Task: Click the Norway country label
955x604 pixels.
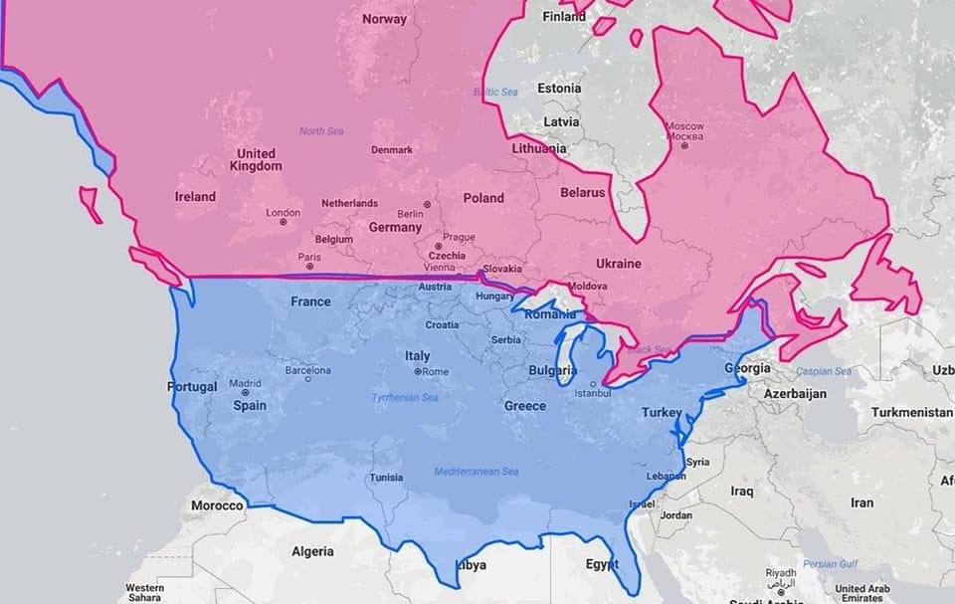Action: [384, 19]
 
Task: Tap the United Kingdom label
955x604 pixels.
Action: [256, 160]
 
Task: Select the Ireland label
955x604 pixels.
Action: [195, 197]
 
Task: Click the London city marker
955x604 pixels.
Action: [283, 221]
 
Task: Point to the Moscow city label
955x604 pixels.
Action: [684, 131]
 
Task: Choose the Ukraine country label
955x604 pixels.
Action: [618, 264]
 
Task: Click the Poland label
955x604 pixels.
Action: [483, 198]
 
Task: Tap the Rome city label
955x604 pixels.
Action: [436, 372]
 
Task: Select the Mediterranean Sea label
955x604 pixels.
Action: [476, 472]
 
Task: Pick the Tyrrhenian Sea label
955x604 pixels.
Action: [405, 398]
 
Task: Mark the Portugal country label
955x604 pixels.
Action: [192, 387]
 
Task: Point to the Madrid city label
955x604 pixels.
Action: [245, 383]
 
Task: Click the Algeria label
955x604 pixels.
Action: [312, 551]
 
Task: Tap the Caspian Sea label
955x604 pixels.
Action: [824, 372]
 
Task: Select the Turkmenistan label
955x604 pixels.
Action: [911, 412]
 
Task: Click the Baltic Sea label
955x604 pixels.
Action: [495, 93]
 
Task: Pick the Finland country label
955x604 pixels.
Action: [564, 17]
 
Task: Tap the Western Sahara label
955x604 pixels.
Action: [145, 592]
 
